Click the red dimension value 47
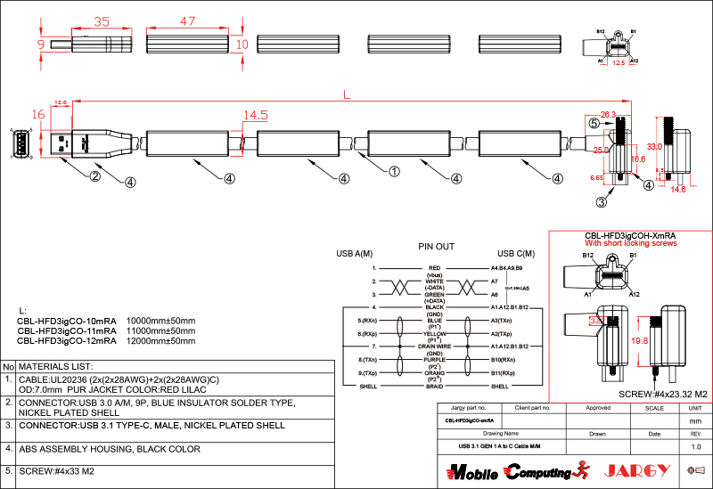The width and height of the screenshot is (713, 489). pyautogui.click(x=187, y=20)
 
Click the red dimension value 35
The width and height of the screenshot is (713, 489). pyautogui.click(x=101, y=20)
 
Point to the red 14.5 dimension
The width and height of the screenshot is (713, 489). pyautogui.click(x=256, y=115)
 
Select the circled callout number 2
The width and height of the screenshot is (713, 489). pyautogui.click(x=94, y=176)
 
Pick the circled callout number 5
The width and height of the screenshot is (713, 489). pyautogui.click(x=593, y=123)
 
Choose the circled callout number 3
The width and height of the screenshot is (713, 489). pyautogui.click(x=602, y=202)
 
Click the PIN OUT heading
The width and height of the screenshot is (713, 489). pyautogui.click(x=437, y=246)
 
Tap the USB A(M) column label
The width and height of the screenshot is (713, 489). pyautogui.click(x=355, y=254)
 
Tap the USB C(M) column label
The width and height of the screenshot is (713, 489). pyautogui.click(x=516, y=254)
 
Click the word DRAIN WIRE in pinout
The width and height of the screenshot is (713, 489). pyautogui.click(x=435, y=346)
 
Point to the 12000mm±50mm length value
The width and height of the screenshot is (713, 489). pyautogui.click(x=161, y=340)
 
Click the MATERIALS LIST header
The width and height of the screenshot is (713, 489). pyautogui.click(x=56, y=366)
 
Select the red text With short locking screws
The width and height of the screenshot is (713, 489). pyautogui.click(x=631, y=243)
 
